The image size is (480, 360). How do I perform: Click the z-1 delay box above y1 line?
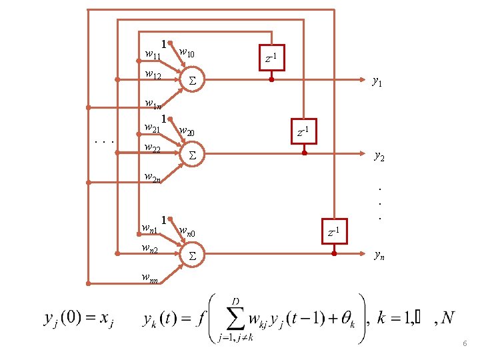point(272,60)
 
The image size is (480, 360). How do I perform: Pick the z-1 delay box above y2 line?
point(303,132)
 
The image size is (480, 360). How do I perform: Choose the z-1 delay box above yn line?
point(334,231)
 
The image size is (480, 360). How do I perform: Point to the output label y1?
point(377,82)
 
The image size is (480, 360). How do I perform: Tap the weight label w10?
point(186,53)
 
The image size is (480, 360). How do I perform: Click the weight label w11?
point(153,53)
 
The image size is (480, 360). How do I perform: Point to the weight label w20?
point(186,132)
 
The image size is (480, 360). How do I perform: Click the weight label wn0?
point(187,232)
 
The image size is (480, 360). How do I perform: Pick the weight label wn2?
point(149,249)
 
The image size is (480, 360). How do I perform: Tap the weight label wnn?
point(149,277)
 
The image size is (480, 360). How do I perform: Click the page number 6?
point(465,343)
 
